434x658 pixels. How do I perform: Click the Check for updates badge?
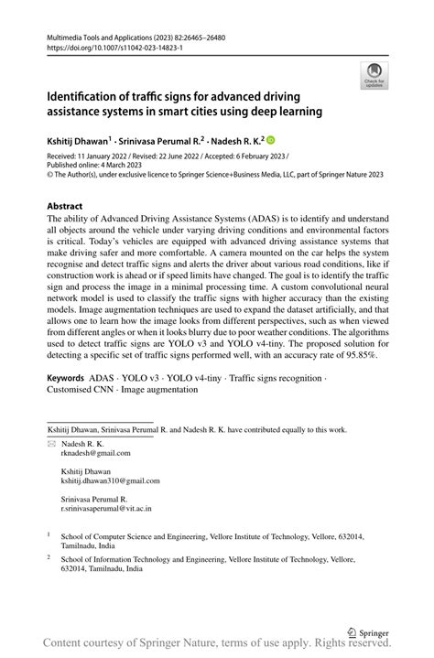[374, 75]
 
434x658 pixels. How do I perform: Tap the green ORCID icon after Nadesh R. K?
[270, 141]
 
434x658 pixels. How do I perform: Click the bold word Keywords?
[66, 377]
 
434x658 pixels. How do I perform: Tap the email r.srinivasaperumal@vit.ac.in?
[106, 508]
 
